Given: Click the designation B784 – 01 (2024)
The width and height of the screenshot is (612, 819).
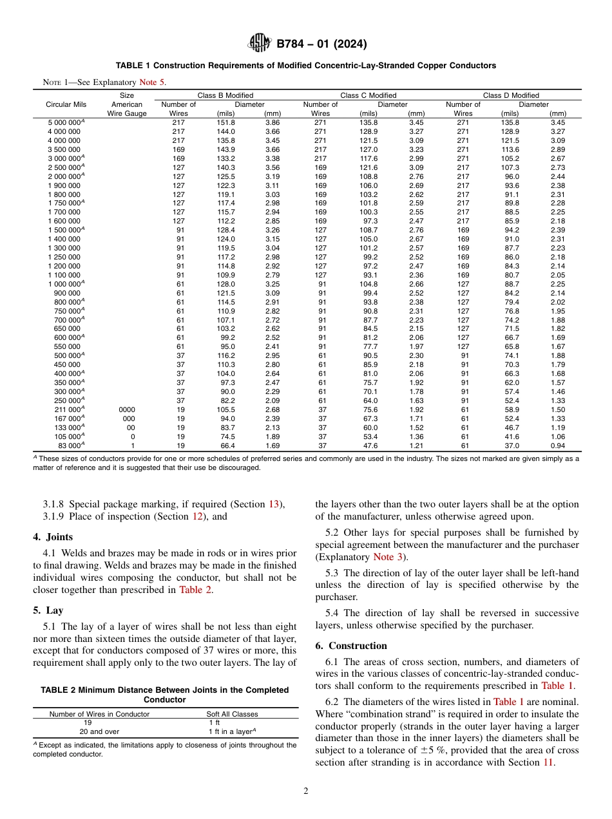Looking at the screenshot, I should (x=321, y=44).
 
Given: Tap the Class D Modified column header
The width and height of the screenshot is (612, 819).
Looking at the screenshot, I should (x=511, y=95).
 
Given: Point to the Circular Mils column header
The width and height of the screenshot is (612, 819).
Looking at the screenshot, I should (x=67, y=104).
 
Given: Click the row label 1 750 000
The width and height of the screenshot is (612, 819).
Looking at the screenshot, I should (x=64, y=203).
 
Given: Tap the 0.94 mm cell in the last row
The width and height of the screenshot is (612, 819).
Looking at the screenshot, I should (x=558, y=445).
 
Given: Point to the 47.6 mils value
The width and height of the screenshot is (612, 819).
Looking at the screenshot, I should (x=369, y=445).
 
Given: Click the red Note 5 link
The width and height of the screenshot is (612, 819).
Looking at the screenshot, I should (x=152, y=82).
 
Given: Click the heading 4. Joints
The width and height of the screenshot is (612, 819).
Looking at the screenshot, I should (x=53, y=537).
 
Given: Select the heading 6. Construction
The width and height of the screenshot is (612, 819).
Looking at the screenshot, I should (x=351, y=646).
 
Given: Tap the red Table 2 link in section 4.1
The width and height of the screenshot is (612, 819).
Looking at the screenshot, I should (x=195, y=589).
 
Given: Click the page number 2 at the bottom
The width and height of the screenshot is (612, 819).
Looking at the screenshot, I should (x=306, y=791).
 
